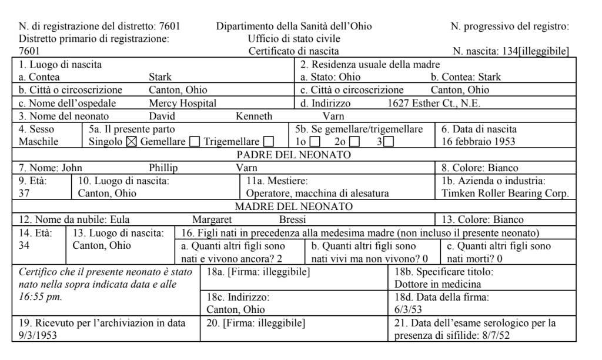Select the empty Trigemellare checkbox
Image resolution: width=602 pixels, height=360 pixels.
[x=269, y=142]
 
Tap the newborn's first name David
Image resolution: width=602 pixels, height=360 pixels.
[x=162, y=116]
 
